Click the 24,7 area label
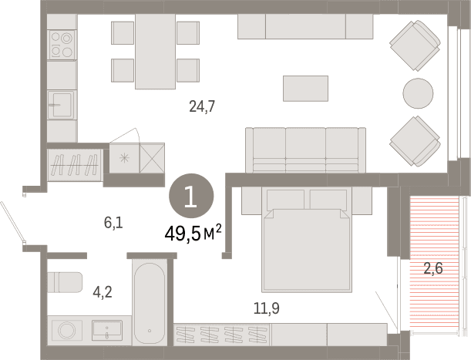click(x=202, y=106)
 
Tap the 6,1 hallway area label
click(x=113, y=223)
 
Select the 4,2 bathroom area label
click(x=103, y=292)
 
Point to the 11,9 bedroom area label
click(x=267, y=308)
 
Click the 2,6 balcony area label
click(x=433, y=267)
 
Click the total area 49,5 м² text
click(x=193, y=234)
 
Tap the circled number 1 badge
click(x=191, y=196)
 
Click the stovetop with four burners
click(x=62, y=45)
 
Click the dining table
click(x=155, y=52)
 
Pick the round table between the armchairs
click(x=418, y=93)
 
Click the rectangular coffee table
click(x=305, y=89)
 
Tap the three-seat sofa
click(x=305, y=150)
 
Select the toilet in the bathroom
click(x=65, y=282)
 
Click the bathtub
click(x=150, y=303)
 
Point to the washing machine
click(x=67, y=331)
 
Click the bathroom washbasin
click(x=107, y=331)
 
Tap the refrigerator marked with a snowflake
click(x=124, y=158)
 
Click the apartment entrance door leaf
click(x=12, y=221)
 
